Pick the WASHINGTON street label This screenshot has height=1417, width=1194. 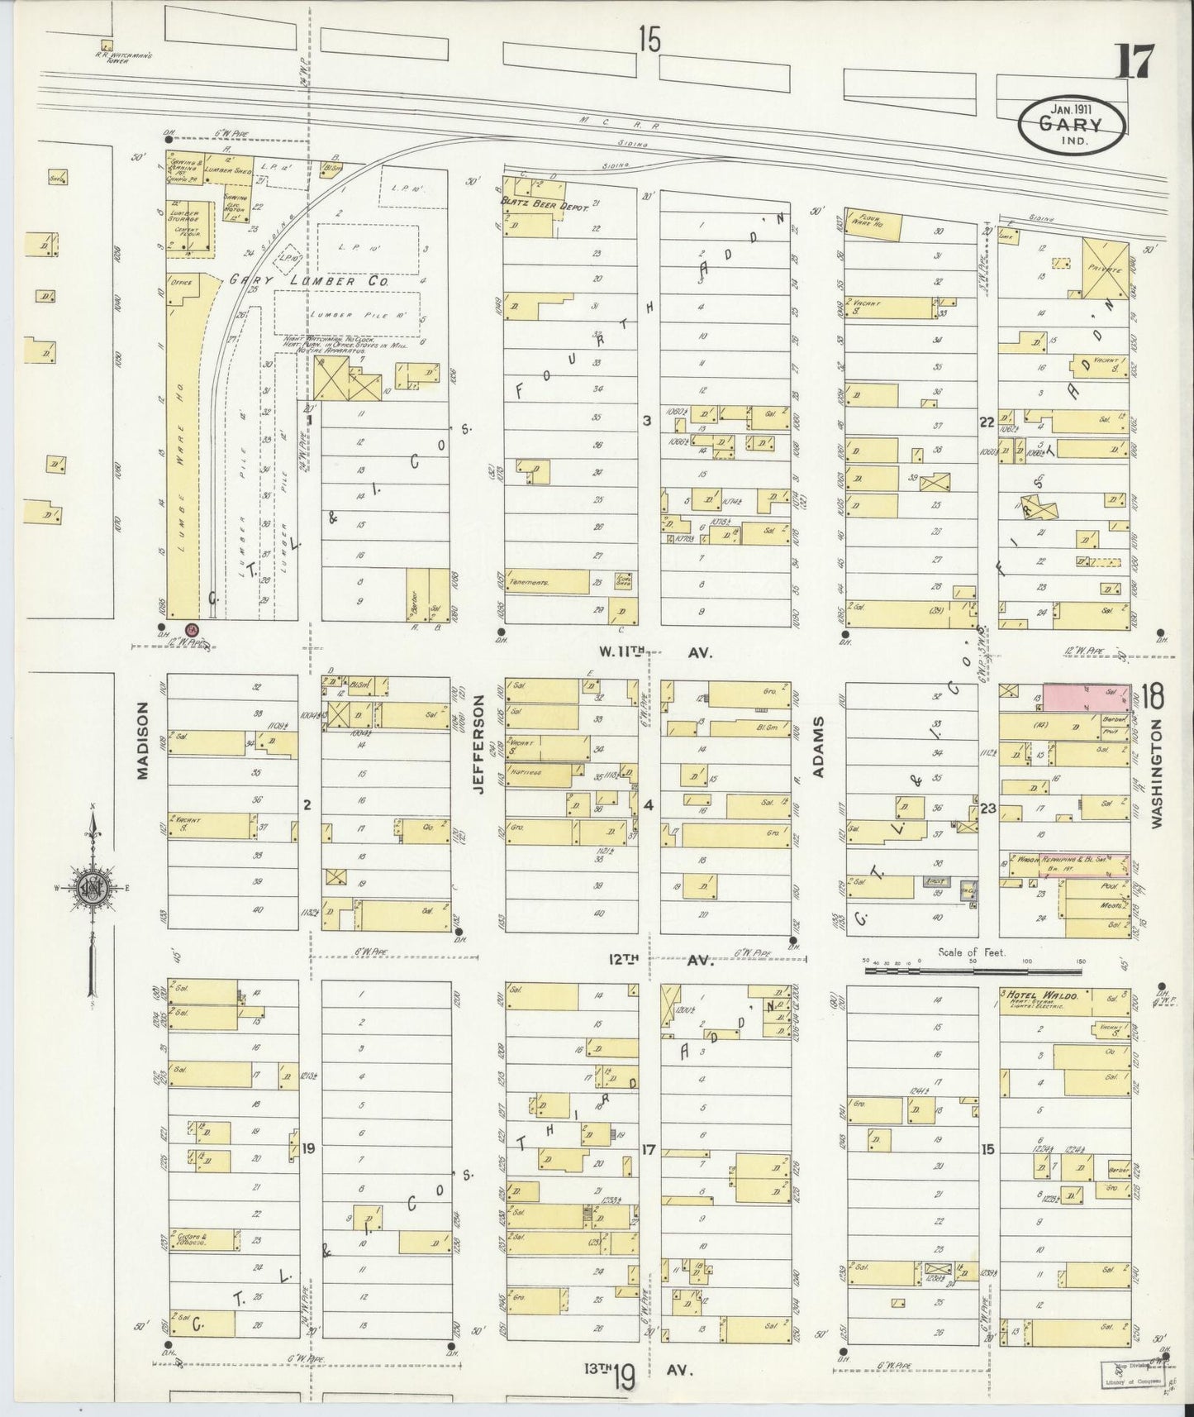pyautogui.click(x=1155, y=774)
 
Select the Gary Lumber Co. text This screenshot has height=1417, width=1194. pyautogui.click(x=309, y=280)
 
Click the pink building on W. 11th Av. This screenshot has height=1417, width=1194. pyautogui.click(x=1086, y=698)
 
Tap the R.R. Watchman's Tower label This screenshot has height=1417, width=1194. pyautogui.click(x=111, y=59)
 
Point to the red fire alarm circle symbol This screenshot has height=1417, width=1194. pyautogui.click(x=192, y=630)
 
